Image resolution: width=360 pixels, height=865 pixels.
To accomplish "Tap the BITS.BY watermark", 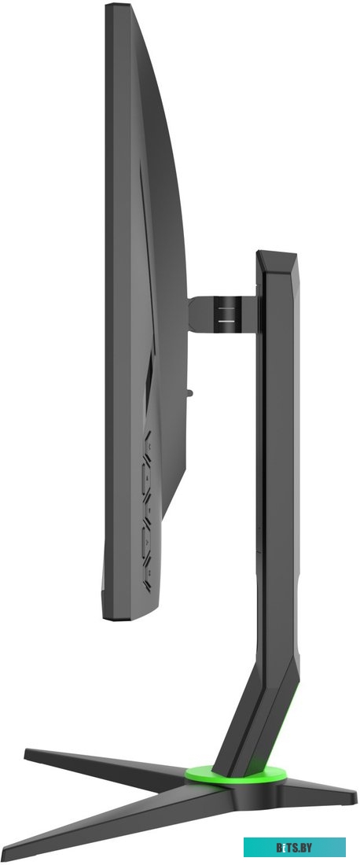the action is pyautogui.click(x=295, y=846).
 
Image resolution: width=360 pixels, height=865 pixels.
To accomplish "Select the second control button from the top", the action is pyautogui.click(x=146, y=478).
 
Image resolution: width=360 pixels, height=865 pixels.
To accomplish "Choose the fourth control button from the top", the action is pyautogui.click(x=146, y=543).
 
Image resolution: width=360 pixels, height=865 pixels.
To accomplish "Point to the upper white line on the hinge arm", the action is pyautogui.click(x=226, y=307).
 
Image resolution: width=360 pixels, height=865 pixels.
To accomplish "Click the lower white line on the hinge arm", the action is pyautogui.click(x=226, y=319).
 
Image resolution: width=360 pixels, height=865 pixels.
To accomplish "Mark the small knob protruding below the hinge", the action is pyautogui.click(x=189, y=393).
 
